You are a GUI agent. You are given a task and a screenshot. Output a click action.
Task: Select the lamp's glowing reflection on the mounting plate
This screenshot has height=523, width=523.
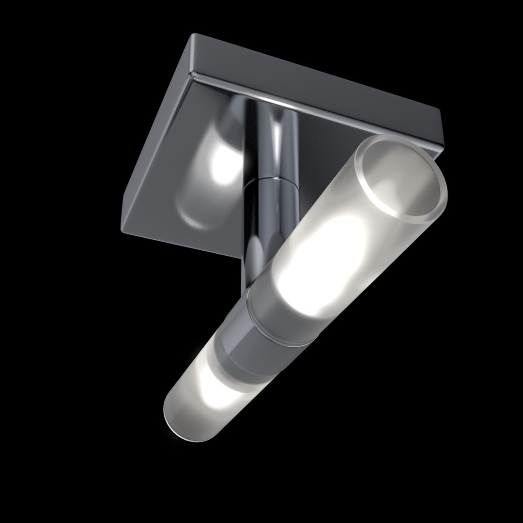(218, 165)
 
